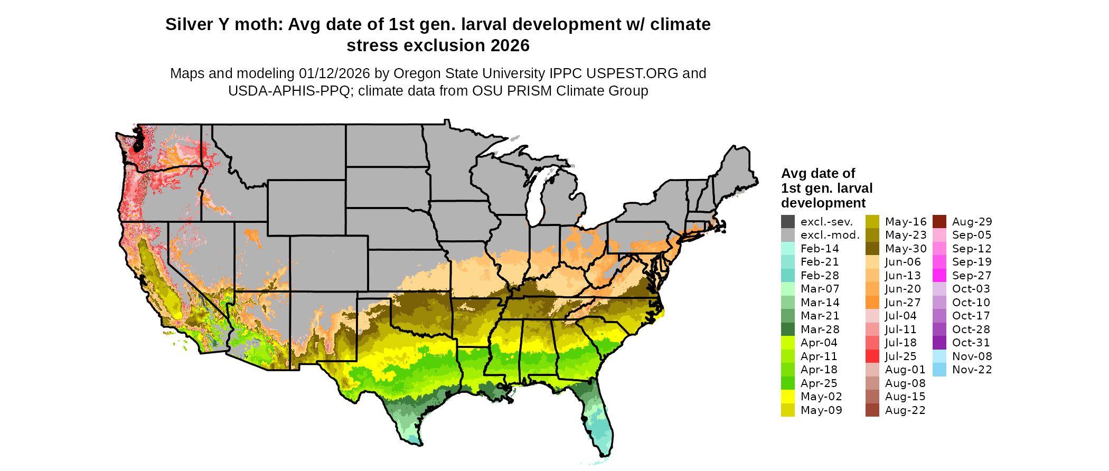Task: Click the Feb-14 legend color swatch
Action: (788, 249)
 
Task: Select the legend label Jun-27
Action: (903, 303)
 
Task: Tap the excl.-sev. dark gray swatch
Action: (788, 222)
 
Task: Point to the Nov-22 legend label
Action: (972, 370)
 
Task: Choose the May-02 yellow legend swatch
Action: (788, 397)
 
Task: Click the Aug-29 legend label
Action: (972, 222)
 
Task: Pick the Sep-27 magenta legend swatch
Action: (939, 276)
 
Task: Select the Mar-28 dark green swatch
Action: (788, 329)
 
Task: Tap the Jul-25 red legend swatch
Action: (872, 356)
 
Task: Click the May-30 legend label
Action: (906, 249)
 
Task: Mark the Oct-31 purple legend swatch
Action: (939, 343)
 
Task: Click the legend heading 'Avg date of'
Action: (818, 173)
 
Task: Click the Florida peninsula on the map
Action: (599, 422)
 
